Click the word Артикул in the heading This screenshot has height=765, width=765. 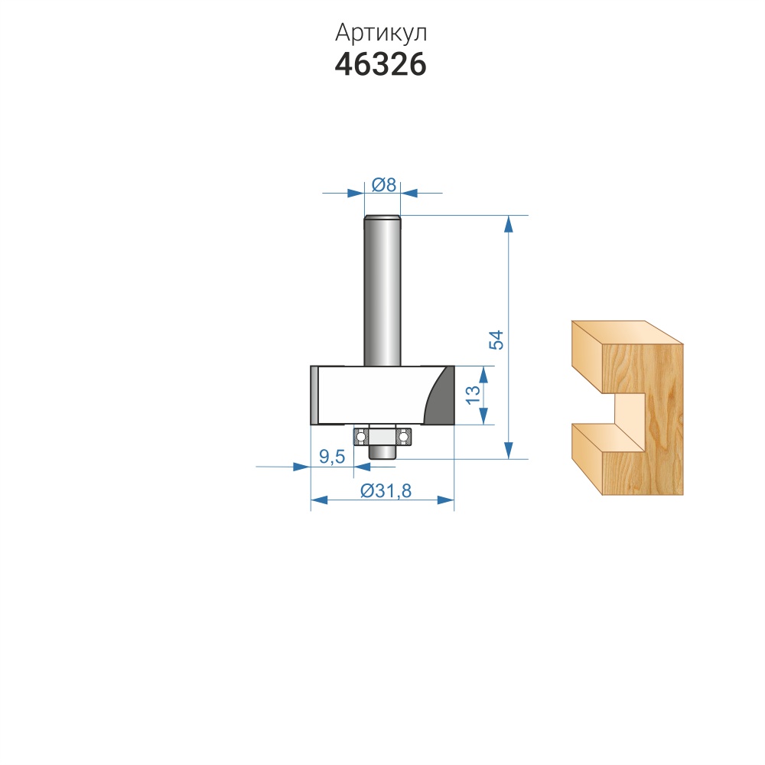click(380, 33)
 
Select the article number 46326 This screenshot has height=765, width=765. click(380, 64)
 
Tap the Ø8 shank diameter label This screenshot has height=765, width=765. click(383, 185)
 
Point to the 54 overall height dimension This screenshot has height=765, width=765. click(496, 340)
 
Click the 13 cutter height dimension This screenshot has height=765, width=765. click(472, 395)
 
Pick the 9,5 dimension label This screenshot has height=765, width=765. click(332, 457)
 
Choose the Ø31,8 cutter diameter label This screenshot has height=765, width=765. click(386, 490)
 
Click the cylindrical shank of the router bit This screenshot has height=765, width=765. click(382, 291)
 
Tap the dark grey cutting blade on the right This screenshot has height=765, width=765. click(440, 396)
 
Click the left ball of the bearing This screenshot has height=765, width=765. click(360, 437)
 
